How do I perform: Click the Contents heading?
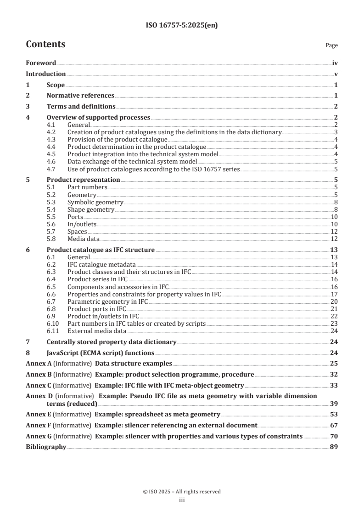(45, 44)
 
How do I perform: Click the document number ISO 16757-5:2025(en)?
(182, 26)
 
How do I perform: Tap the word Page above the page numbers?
(331, 45)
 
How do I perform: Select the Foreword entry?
(41, 63)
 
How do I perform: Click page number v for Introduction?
(336, 74)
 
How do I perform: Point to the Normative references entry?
(80, 96)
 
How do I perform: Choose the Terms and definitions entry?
(81, 107)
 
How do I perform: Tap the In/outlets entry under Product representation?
(82, 224)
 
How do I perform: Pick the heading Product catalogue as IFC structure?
(101, 250)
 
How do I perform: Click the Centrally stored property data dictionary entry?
(112, 342)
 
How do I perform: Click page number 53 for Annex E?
(334, 413)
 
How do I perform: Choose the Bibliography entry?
(46, 446)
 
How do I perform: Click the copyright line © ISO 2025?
(182, 492)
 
